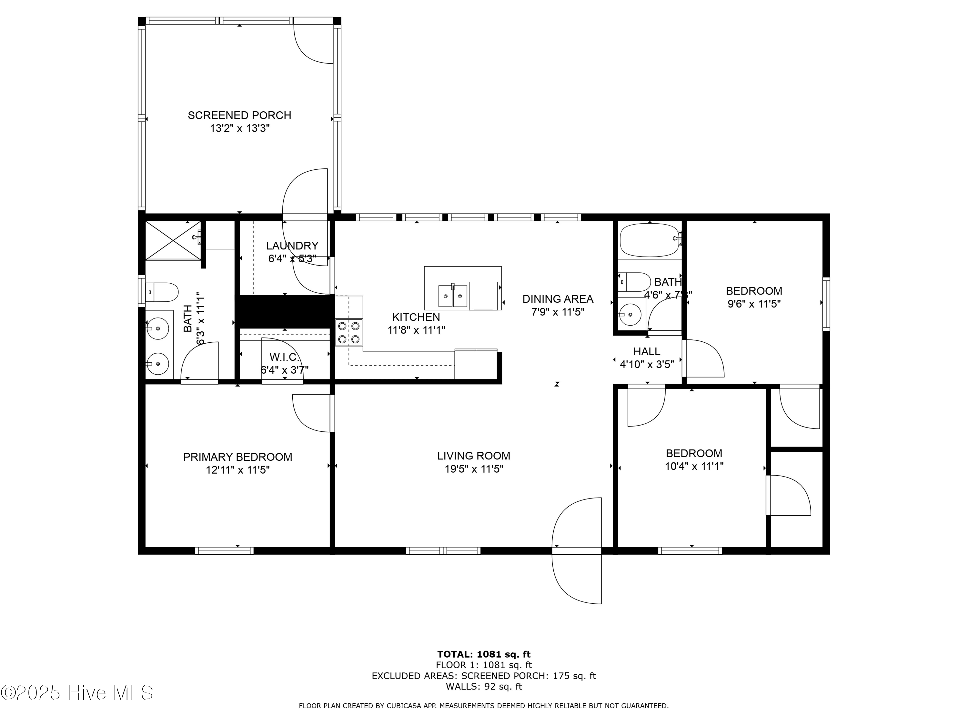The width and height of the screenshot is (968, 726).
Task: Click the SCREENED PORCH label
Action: coord(239,115)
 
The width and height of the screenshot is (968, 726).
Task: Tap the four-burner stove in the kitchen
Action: coord(349,333)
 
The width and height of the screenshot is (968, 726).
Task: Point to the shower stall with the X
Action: coord(173,240)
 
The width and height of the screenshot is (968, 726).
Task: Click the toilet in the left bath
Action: coord(162,292)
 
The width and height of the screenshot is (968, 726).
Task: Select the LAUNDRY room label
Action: coord(292,246)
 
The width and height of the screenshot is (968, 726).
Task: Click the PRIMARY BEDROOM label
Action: coord(237,457)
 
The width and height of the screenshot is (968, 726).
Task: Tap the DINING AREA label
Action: coord(558,299)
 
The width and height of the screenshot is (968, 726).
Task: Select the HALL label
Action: coord(646,351)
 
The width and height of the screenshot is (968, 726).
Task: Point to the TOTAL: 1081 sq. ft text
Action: coord(484,654)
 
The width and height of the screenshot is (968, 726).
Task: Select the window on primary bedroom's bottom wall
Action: coord(224,550)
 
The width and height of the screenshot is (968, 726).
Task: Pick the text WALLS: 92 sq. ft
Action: coord(484,686)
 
